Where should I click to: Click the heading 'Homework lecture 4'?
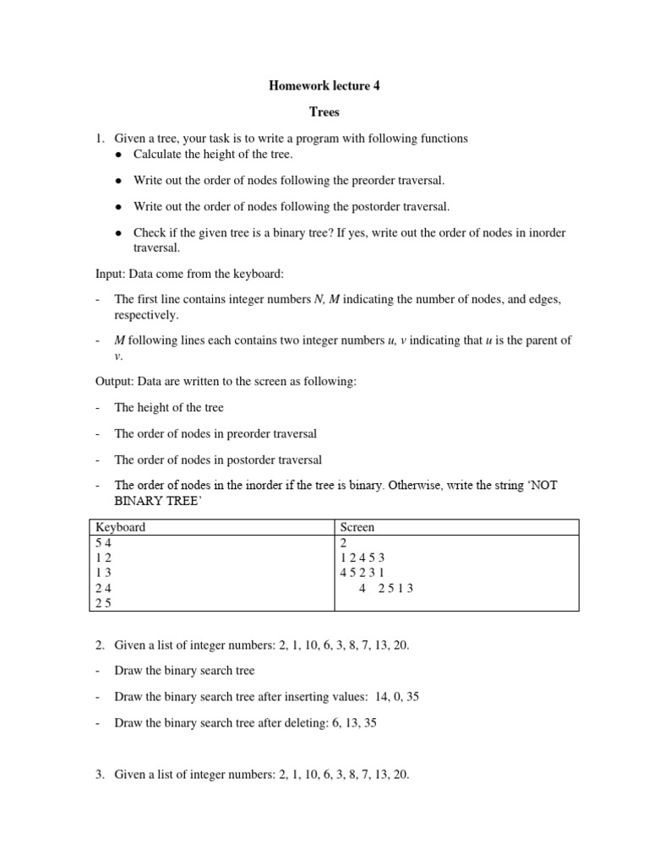324,85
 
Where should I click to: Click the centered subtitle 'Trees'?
324,112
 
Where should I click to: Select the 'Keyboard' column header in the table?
121,527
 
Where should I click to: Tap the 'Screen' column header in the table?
357,527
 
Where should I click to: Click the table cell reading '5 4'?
104,542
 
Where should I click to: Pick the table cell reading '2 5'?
104,603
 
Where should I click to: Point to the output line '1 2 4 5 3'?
363,558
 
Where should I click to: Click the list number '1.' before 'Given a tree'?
99,138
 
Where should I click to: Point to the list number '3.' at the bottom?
99,774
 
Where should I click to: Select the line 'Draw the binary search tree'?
184,671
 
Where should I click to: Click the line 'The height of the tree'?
169,407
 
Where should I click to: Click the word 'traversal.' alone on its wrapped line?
157,248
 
